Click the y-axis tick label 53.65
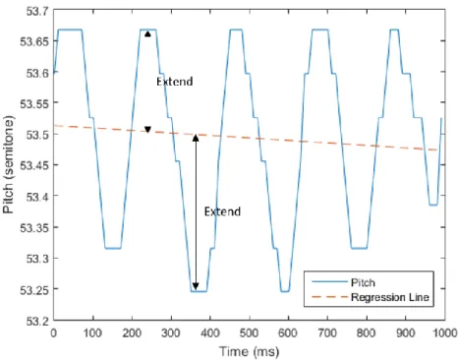pyautogui.click(x=33, y=41)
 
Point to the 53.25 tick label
pyautogui.click(x=33, y=290)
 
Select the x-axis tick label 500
pyautogui.click(x=249, y=333)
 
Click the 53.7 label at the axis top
pyautogui.click(x=36, y=12)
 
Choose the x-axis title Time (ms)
pyautogui.click(x=249, y=351)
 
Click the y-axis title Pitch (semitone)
pyautogui.click(x=9, y=165)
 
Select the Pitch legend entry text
pyautogui.click(x=363, y=282)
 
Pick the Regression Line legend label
pyautogui.click(x=390, y=297)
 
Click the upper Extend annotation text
pyautogui.click(x=175, y=82)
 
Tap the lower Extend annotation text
pyautogui.click(x=222, y=211)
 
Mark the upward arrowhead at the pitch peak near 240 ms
pyautogui.click(x=147, y=33)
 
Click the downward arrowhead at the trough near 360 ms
pyautogui.click(x=196, y=286)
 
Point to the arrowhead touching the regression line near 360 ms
pyautogui.click(x=196, y=138)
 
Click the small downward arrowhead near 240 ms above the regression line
pyautogui.click(x=147, y=130)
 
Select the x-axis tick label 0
pyautogui.click(x=54, y=333)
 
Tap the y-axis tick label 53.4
pyautogui.click(x=36, y=197)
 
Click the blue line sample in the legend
pyautogui.click(x=329, y=282)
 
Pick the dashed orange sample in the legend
pyautogui.click(x=329, y=297)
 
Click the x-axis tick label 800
pyautogui.click(x=367, y=333)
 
